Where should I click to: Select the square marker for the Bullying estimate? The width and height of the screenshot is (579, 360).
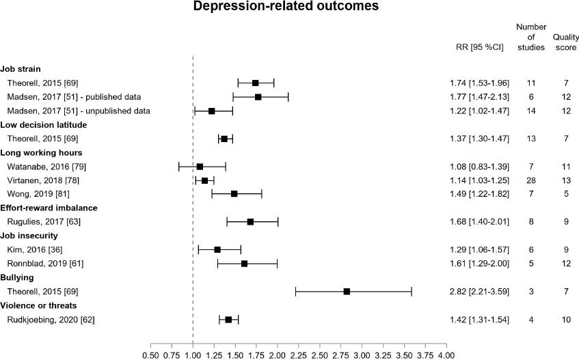347,292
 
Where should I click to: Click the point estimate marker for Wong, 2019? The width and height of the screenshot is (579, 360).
234,194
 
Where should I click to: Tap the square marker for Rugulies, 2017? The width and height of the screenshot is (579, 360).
250,222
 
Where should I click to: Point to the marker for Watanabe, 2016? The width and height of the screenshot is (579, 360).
200,167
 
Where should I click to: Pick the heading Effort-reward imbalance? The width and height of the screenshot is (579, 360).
49,208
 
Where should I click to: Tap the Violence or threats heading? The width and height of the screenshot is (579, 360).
38,305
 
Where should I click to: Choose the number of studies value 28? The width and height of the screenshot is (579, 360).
531,180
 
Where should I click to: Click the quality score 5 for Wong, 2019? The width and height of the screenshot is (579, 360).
567,194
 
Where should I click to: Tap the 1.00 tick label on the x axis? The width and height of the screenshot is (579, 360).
193,355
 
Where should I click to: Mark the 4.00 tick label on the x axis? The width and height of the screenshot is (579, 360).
446,355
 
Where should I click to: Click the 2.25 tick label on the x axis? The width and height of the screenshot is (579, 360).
298,355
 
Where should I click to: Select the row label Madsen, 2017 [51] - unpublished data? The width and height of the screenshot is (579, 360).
78,111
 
